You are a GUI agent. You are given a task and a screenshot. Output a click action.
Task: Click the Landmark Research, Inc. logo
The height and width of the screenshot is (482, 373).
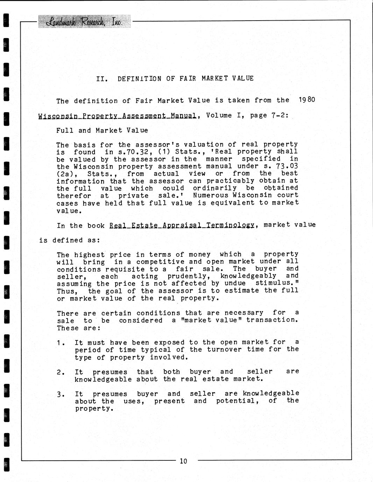84,22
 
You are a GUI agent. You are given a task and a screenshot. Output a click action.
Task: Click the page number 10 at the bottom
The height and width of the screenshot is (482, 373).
183,461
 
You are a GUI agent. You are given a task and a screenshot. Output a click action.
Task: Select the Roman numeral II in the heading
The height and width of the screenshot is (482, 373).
101,79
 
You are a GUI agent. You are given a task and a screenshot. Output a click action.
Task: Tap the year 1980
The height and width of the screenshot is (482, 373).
307,100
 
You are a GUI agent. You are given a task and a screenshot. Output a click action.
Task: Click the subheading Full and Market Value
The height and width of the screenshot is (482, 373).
102,130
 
